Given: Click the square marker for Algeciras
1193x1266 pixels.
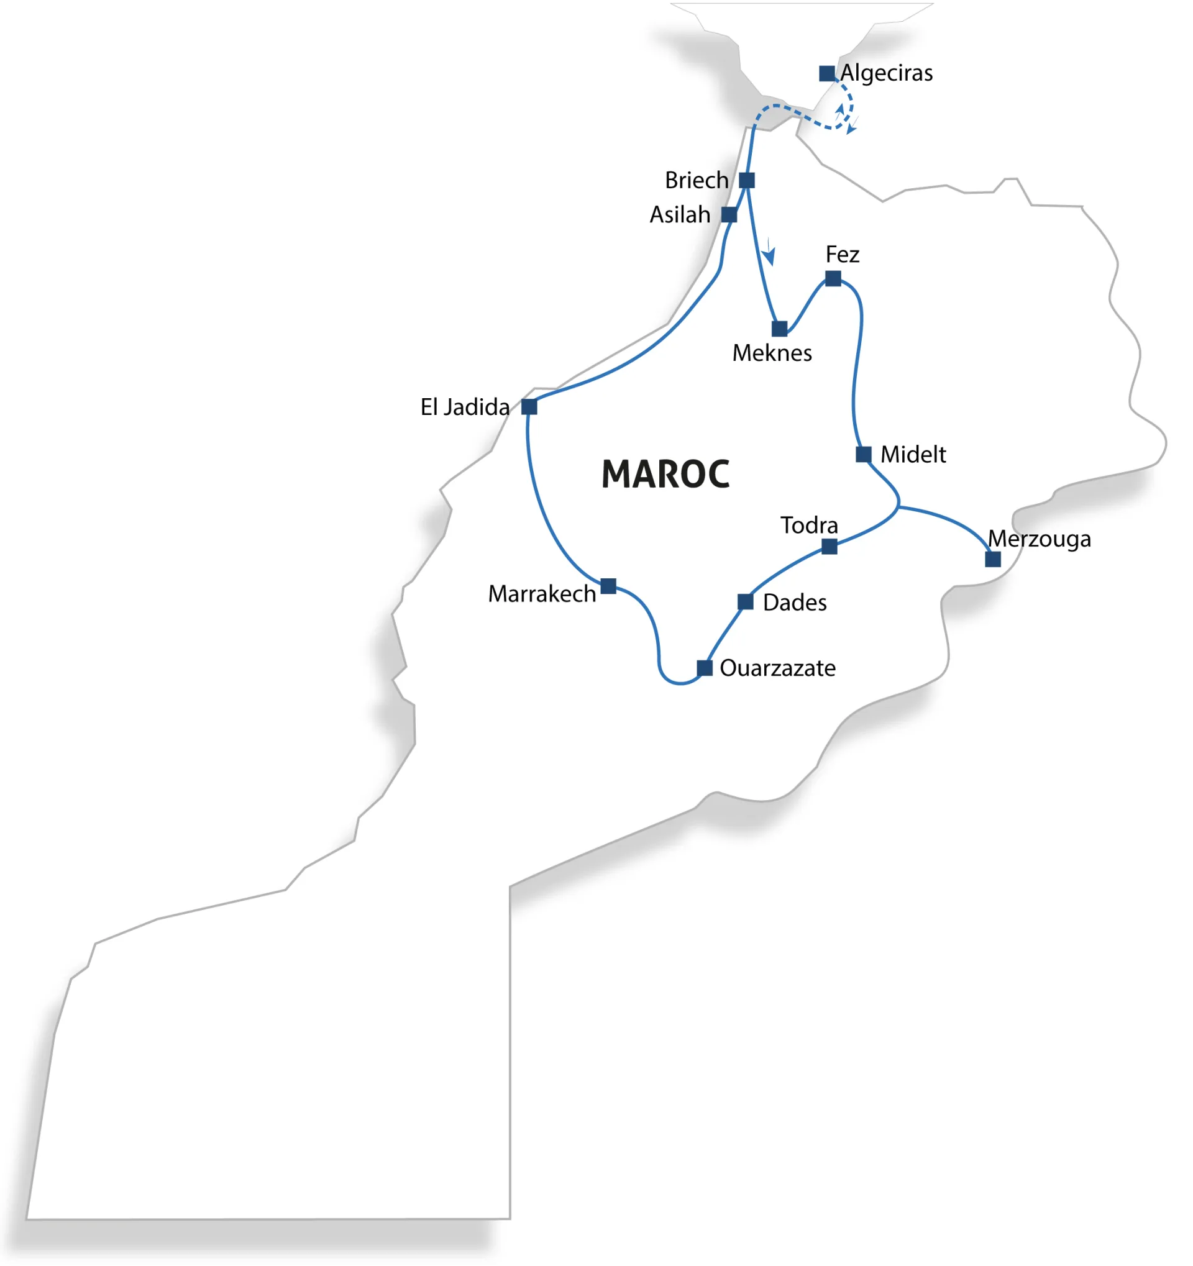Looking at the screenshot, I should [827, 74].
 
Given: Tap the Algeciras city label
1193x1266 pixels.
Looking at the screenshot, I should [886, 73].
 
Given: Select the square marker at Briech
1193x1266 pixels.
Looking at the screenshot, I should [746, 181].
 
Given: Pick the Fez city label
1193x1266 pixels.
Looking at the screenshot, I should [842, 255].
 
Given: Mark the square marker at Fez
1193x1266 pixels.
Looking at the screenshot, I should [833, 279].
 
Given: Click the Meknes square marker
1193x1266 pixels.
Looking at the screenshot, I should [779, 329].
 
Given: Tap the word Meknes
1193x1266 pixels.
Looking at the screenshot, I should [772, 353].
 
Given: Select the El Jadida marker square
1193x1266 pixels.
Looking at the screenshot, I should [529, 407].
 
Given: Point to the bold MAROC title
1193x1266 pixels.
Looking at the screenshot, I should [665, 475].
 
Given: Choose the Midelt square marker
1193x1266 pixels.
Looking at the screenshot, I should [863, 455].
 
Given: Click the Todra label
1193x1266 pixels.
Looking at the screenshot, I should [809, 526].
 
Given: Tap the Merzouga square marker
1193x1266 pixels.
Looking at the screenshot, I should [992, 559].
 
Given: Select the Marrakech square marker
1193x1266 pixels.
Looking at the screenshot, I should [608, 586].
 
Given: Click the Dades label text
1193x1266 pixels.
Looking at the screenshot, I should [794, 603].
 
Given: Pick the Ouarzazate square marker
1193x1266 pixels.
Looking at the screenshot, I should [705, 668].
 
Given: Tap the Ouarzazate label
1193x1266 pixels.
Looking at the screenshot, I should [777, 668].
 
